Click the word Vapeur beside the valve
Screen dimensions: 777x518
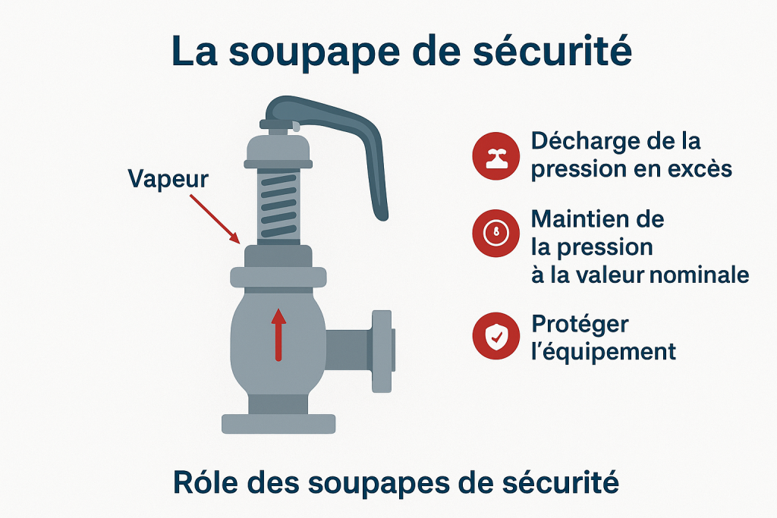click(x=168, y=179)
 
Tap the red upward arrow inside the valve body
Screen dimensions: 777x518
click(x=278, y=334)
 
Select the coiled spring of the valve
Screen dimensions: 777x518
click(x=278, y=205)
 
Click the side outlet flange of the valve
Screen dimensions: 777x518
click(x=382, y=351)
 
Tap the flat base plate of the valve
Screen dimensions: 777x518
click(x=278, y=424)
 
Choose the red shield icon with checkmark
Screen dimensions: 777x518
click(x=495, y=336)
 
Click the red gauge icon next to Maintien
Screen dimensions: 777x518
click(x=495, y=233)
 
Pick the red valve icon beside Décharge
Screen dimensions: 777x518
click(x=495, y=156)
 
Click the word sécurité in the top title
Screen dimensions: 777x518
click(x=552, y=51)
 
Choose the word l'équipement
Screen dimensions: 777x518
click(x=603, y=353)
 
